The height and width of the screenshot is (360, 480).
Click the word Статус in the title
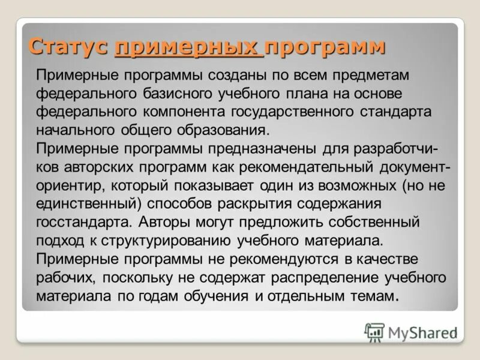coord(68,47)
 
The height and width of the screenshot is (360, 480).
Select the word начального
coord(76,131)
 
